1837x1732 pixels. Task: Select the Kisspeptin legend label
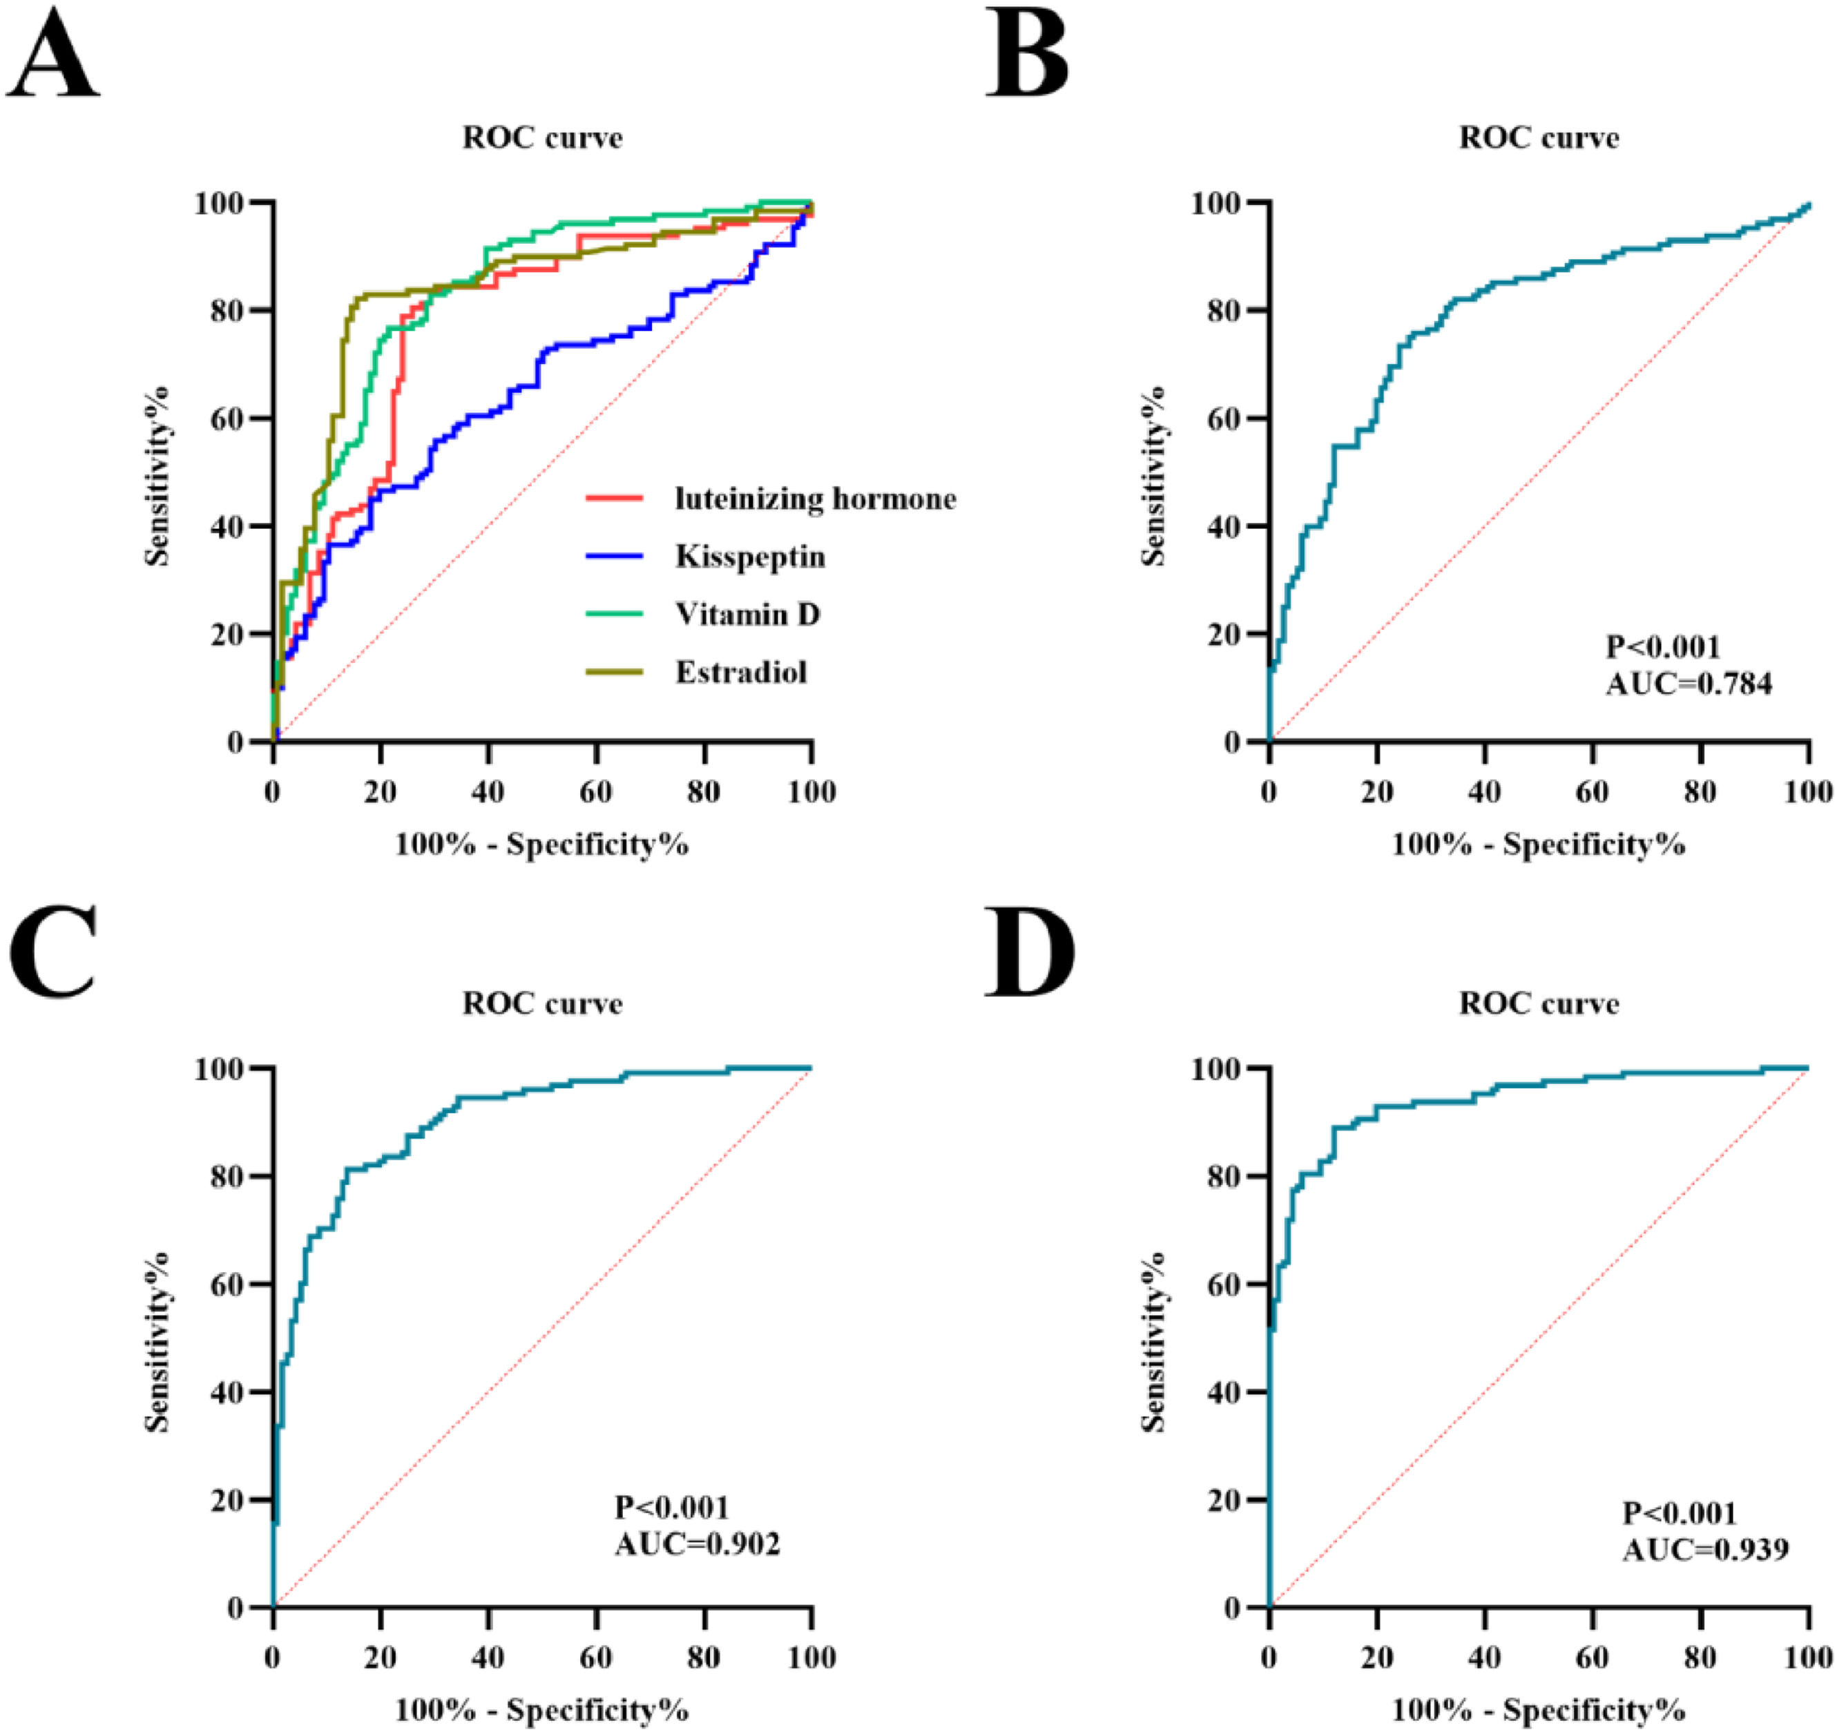coord(749,557)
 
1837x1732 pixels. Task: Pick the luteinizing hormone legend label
coord(815,499)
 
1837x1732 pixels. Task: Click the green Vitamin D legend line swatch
coord(615,614)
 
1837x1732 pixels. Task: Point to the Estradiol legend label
coord(740,672)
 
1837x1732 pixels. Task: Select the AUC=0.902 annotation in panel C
coord(697,1543)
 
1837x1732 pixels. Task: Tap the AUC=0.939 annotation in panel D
coord(1705,1549)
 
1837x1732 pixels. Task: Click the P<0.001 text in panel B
coord(1662,647)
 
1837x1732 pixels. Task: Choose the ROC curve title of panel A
coord(542,137)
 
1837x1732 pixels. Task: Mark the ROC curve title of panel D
coord(1539,1003)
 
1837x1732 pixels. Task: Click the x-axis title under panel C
coord(541,1710)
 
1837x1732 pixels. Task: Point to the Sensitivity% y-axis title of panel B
coord(1153,476)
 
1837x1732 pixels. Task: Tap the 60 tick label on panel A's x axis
coord(596,792)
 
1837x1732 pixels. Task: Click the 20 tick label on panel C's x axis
coord(380,1657)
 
